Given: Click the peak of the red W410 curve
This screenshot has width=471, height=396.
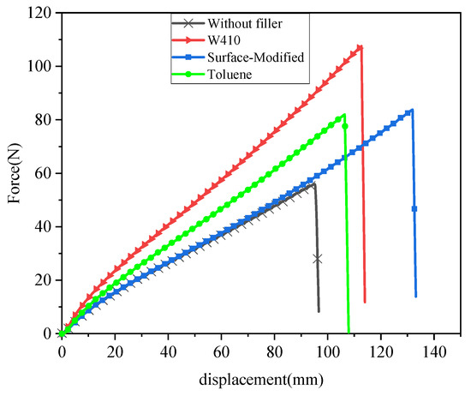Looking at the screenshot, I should [x=361, y=47].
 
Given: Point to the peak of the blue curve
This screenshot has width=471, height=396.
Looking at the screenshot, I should [x=412, y=110].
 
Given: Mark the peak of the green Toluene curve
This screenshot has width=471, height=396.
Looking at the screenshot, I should [x=344, y=115].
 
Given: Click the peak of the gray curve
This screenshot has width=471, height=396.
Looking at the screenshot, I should [x=314, y=184].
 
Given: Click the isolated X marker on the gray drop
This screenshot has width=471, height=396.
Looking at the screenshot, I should [x=318, y=258].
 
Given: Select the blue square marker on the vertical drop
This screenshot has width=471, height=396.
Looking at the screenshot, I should [x=414, y=209].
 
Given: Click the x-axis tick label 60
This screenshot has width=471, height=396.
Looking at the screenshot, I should [x=221, y=351].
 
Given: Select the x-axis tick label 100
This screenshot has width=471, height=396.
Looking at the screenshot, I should [x=328, y=351].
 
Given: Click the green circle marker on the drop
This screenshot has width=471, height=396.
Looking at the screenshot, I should [x=345, y=126].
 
